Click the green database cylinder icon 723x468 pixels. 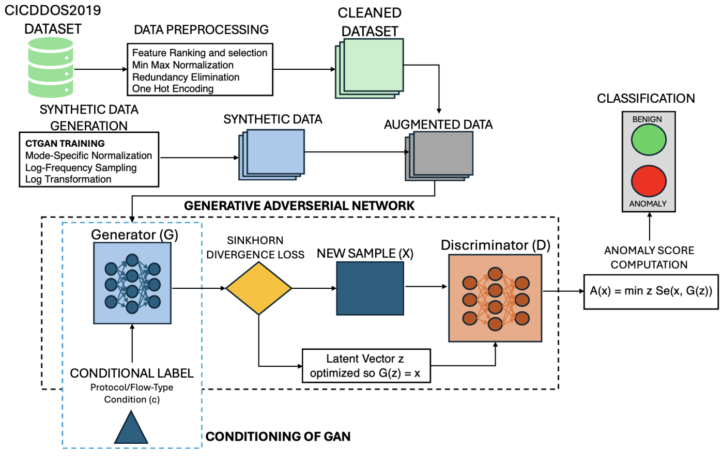click(51, 68)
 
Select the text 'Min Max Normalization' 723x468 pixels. click(182, 65)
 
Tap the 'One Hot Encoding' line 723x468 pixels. click(173, 89)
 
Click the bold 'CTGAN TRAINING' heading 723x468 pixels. click(65, 144)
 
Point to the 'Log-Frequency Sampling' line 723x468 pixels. click(81, 168)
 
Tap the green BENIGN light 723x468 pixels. click(649, 140)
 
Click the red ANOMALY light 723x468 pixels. click(649, 181)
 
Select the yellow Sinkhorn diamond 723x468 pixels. click(259, 288)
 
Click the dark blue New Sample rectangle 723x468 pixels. click(370, 288)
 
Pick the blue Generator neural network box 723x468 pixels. click(132, 284)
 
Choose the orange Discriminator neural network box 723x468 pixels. click(495, 299)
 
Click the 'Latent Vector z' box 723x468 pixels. click(366, 366)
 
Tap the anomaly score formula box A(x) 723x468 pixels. click(651, 291)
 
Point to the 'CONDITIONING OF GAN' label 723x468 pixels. click(278, 437)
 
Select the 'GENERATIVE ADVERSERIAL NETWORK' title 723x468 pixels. click(299, 206)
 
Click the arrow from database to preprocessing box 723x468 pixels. click(100, 69)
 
